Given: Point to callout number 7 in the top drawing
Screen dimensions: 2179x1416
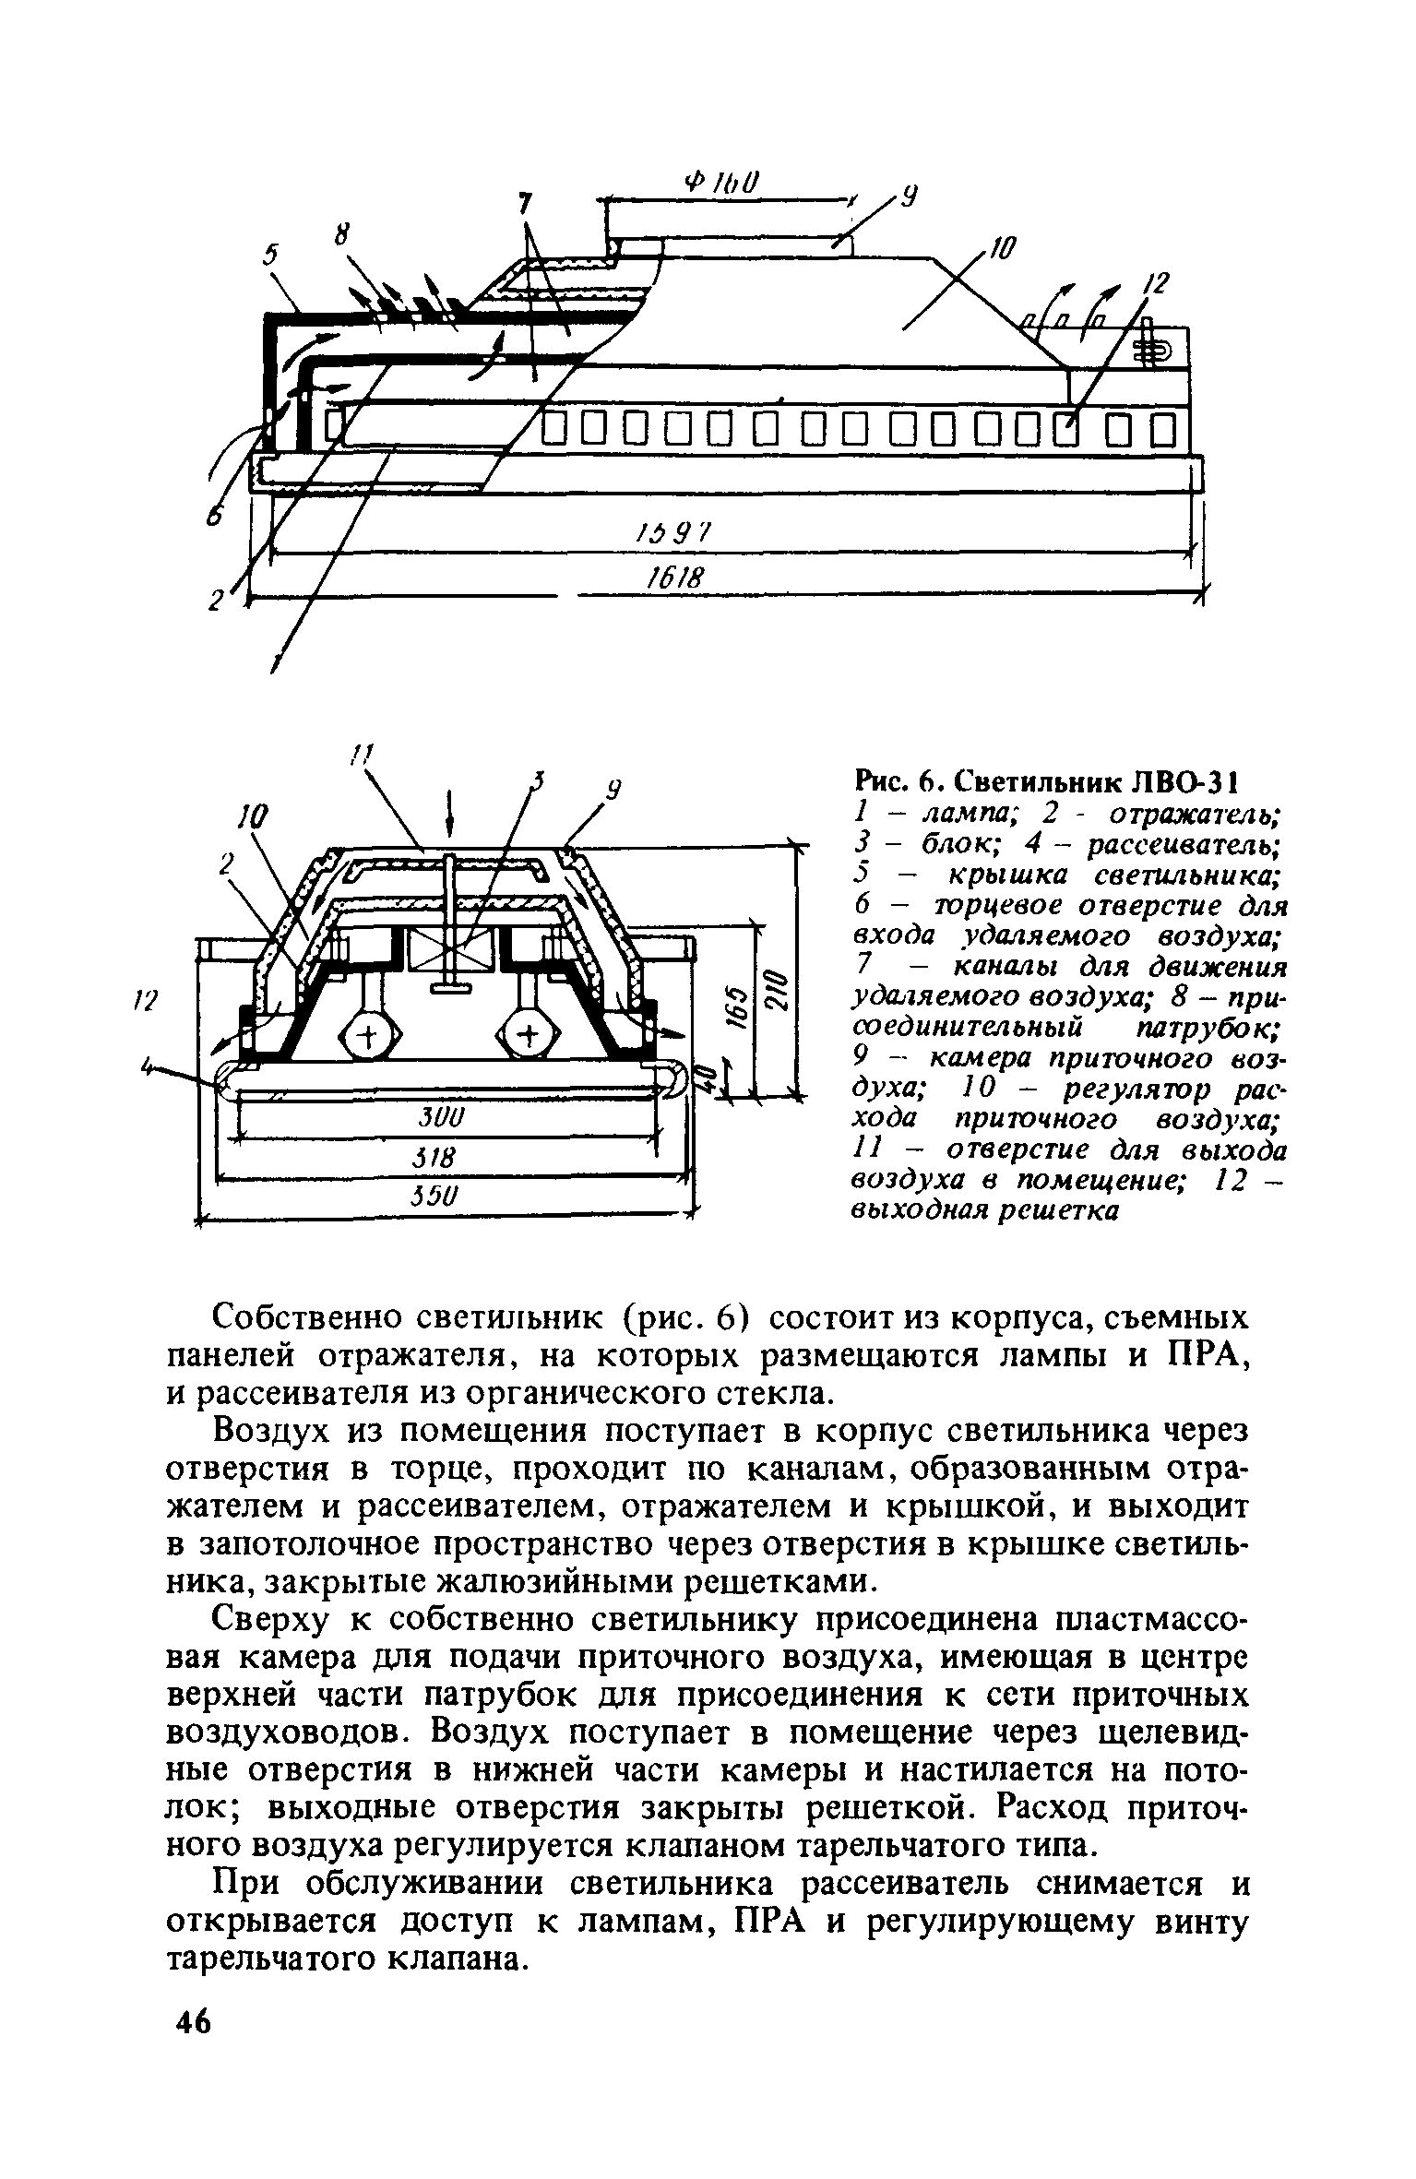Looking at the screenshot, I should (525, 202).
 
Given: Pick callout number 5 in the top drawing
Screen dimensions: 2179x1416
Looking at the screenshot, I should (270, 256).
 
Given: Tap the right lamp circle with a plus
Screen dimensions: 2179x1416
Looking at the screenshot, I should (529, 1038).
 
